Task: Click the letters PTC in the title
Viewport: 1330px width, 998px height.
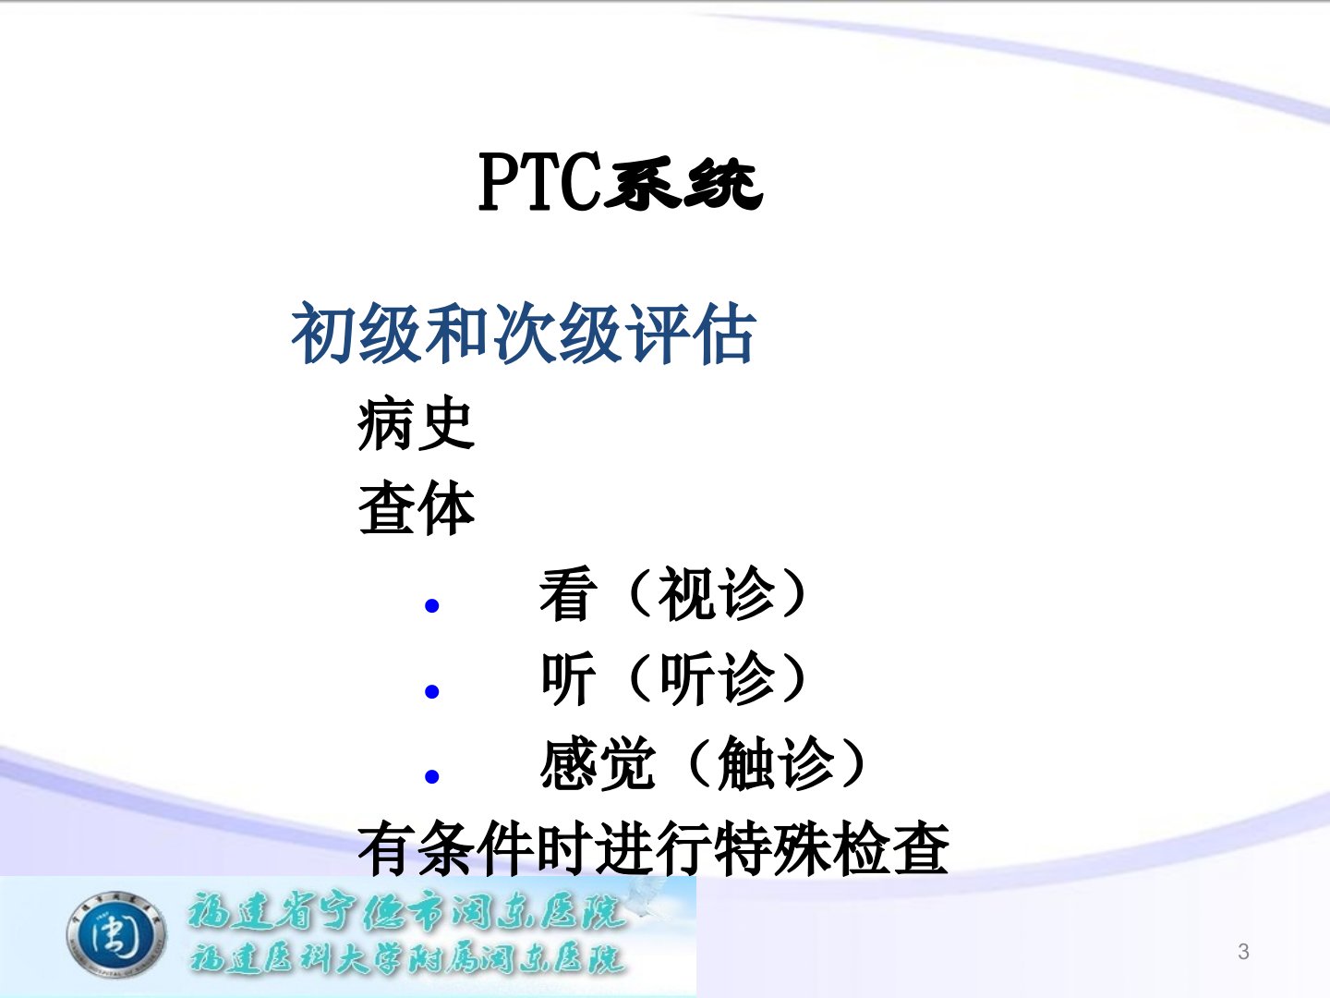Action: [x=538, y=182]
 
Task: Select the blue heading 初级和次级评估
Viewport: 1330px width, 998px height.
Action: [x=524, y=334]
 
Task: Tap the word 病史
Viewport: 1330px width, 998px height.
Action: [x=416, y=423]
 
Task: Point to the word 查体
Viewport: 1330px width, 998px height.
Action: [x=416, y=508]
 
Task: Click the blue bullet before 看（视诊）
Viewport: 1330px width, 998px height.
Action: [x=431, y=605]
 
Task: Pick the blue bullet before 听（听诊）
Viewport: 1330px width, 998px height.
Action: [x=431, y=691]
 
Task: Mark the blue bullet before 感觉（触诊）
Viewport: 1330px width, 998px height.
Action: [x=431, y=776]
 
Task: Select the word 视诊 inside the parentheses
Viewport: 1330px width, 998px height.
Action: [x=716, y=594]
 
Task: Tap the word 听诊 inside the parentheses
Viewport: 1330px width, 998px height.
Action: [x=716, y=678]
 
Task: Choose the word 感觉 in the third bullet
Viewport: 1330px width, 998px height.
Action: [x=598, y=763]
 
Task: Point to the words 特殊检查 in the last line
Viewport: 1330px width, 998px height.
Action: [x=831, y=847]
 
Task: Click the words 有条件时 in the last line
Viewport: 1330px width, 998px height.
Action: [x=475, y=847]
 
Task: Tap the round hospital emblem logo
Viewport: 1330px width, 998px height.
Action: [x=116, y=934]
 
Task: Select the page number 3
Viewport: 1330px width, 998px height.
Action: [x=1243, y=952]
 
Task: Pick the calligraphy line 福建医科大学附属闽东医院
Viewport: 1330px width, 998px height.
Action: [x=407, y=959]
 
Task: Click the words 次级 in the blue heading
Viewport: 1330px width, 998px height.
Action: [x=557, y=334]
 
